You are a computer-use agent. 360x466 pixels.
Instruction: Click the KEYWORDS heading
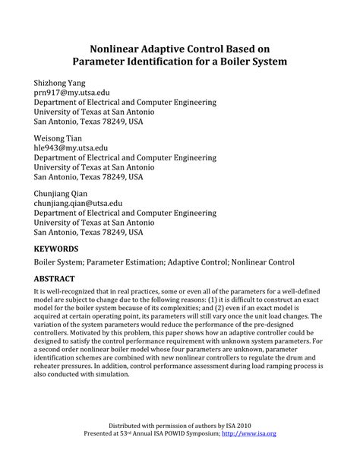56,249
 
